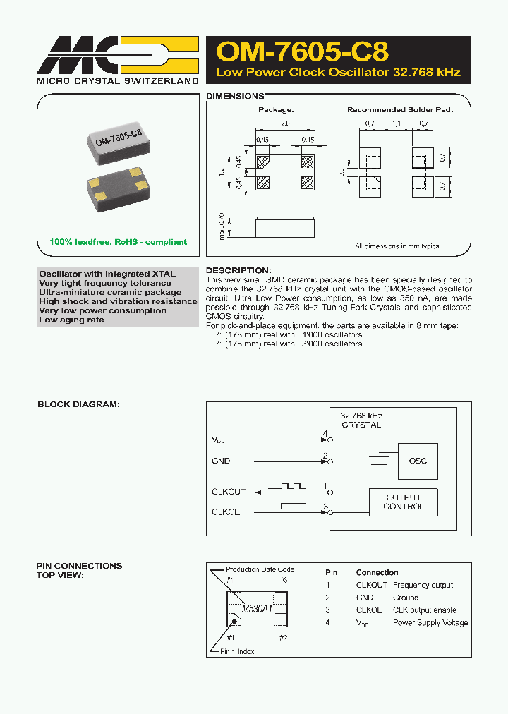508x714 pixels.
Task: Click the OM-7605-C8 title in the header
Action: (302, 52)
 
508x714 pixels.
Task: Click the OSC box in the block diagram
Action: (417, 461)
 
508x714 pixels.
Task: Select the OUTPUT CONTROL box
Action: (404, 502)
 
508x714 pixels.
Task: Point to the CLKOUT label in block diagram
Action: (229, 492)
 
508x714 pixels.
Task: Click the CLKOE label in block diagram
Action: (226, 512)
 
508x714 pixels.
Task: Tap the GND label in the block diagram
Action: (221, 461)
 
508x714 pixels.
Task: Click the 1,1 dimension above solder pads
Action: (395, 123)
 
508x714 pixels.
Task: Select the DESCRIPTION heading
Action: (238, 270)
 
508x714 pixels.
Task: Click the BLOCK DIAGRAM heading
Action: (78, 404)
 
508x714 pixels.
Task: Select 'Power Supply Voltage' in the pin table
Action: (430, 623)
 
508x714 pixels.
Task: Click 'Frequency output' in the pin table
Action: (423, 585)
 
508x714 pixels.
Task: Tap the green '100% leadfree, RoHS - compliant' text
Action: (118, 242)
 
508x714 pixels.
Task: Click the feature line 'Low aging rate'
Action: (71, 320)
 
